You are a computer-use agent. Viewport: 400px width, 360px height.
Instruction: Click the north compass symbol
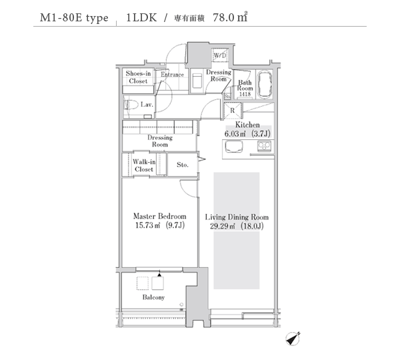point(293,339)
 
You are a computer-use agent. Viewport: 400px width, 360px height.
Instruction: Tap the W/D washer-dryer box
point(220,55)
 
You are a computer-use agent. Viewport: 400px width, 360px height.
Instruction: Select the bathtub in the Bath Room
point(265,83)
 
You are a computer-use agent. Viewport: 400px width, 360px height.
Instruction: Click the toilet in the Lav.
point(131,105)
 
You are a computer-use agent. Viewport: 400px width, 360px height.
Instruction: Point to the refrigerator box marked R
point(233,111)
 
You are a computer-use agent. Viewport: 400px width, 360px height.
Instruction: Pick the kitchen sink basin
point(234,146)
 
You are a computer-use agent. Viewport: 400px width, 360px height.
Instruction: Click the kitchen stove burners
point(264,146)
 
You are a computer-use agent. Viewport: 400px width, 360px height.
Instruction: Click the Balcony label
point(153,297)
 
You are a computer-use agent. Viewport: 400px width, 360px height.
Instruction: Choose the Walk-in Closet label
point(144,165)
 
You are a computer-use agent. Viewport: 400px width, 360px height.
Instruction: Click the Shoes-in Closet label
point(138,77)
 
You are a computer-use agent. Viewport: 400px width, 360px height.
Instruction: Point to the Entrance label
point(172,75)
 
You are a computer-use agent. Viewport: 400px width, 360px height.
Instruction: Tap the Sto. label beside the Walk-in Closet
point(183,165)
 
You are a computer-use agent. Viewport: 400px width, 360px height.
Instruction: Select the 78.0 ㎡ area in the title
point(230,17)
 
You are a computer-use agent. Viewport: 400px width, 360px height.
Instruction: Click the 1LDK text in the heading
point(141,17)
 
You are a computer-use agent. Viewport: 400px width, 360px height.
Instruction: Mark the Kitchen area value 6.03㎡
point(235,134)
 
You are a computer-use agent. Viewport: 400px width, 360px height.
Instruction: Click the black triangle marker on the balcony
point(159,275)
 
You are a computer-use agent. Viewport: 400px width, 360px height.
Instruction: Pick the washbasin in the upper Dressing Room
point(197,81)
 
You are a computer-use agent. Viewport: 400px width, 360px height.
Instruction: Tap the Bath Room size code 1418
point(245,94)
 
